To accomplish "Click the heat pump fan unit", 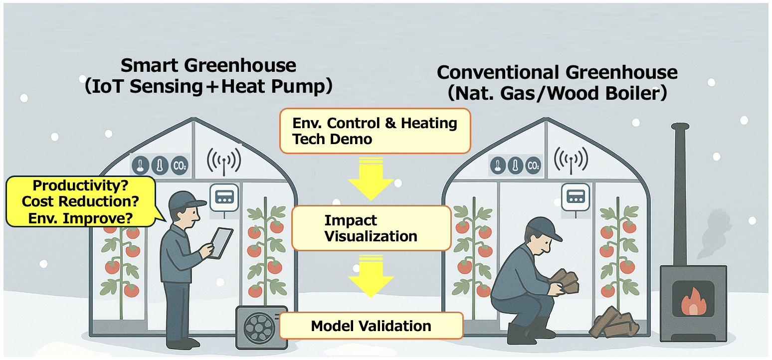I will coord(261,327).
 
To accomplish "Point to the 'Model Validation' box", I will coord(371,326).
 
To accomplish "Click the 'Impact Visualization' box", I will coord(371,228).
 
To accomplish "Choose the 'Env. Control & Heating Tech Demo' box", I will coord(375,131).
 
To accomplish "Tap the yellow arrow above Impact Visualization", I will coord(371,180).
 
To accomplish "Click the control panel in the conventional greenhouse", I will coord(575,195).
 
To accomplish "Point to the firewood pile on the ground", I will coord(614,323).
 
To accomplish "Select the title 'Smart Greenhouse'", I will coord(208,66).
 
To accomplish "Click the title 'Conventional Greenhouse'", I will coord(557,73).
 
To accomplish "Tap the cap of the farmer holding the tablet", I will coord(186,201).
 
